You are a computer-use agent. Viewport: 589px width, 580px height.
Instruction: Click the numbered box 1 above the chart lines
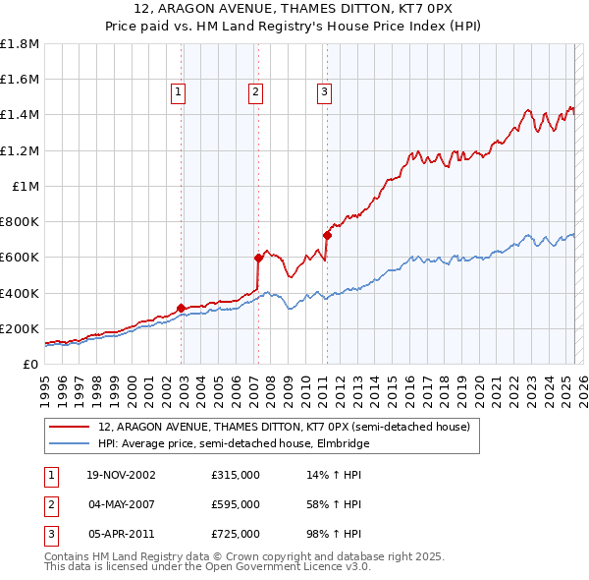pos(178,92)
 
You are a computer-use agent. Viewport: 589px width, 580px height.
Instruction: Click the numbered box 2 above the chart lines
pos(255,92)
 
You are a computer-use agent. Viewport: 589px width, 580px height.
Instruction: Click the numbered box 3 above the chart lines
pos(324,92)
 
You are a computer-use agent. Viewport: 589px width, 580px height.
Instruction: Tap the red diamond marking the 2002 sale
pos(182,308)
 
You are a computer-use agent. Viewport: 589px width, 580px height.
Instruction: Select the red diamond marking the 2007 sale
pos(258,258)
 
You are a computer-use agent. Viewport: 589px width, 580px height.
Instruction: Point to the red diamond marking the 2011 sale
pos(327,235)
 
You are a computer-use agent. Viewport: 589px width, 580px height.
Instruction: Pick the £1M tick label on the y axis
pos(26,186)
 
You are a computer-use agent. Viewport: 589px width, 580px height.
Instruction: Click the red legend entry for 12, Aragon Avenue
pos(285,428)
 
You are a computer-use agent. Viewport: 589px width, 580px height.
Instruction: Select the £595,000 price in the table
pos(236,504)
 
